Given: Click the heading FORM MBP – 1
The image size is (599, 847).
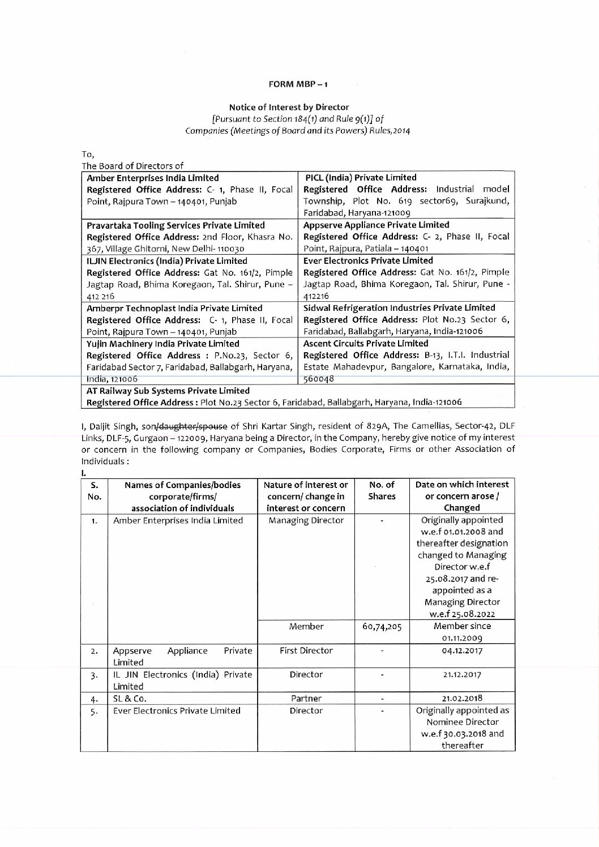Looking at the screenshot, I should [x=298, y=84].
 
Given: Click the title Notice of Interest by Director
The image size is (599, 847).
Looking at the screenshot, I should [x=289, y=106].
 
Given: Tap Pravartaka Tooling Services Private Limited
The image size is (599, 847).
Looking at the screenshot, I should [x=176, y=225].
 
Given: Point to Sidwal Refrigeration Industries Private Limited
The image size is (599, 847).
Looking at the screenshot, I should [x=399, y=307].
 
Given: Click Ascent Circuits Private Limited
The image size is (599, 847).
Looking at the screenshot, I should [x=366, y=343].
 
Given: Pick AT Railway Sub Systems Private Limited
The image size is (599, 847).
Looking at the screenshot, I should [x=168, y=391].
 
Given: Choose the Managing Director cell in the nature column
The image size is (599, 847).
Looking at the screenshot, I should [x=306, y=520].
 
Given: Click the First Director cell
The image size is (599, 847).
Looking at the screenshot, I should [x=306, y=651].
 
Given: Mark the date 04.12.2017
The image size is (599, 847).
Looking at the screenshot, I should [x=462, y=651].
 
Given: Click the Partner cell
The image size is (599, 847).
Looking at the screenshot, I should [x=306, y=698].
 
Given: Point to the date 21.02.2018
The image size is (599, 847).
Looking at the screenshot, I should [x=462, y=698].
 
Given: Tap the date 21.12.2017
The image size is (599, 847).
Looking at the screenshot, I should [x=462, y=674].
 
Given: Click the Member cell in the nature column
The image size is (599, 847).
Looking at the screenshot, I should [x=306, y=626].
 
